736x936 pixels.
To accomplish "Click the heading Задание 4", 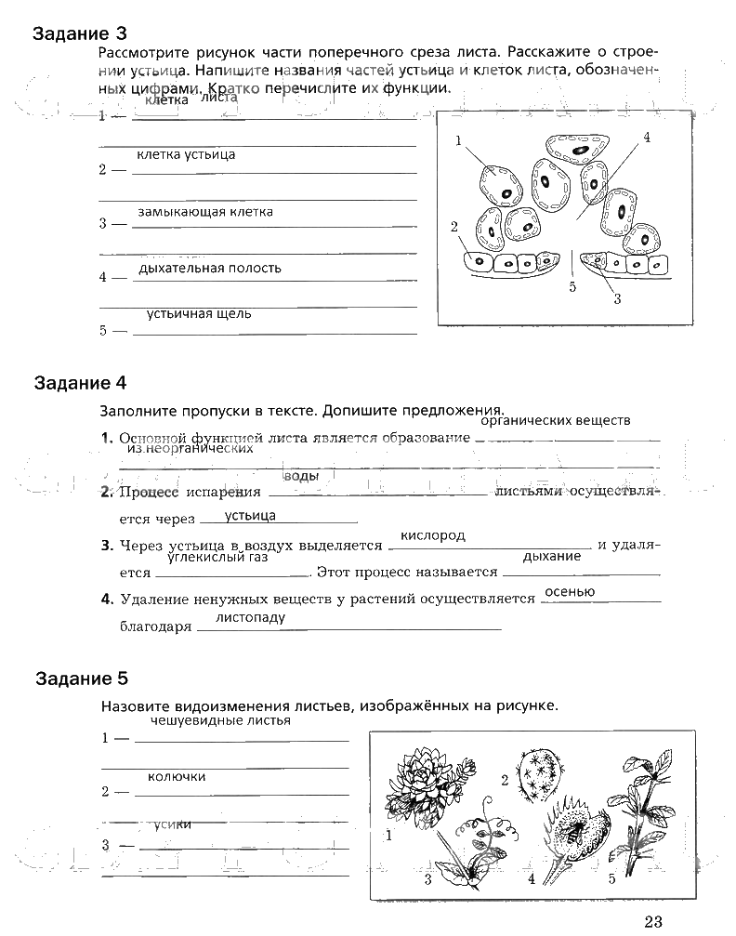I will (x=79, y=383).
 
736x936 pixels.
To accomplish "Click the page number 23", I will (x=651, y=921).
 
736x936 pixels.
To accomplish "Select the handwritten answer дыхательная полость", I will (x=209, y=269).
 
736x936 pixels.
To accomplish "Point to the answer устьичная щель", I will (x=199, y=314).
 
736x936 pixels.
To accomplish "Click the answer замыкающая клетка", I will (x=205, y=212).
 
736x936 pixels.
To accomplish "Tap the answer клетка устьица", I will (x=186, y=154).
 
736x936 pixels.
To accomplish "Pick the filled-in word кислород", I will (x=432, y=536).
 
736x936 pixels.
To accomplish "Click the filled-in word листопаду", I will (x=250, y=617).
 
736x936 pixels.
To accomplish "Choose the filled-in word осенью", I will (x=570, y=592).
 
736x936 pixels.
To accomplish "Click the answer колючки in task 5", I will (x=177, y=776).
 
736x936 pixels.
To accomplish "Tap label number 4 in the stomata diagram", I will (x=647, y=138).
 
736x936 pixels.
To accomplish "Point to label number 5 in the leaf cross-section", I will (x=572, y=287).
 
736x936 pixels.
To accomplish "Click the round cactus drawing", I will (x=539, y=774).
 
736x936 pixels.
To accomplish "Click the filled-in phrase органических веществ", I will (x=557, y=420).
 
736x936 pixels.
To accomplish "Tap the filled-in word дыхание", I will (x=552, y=556).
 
